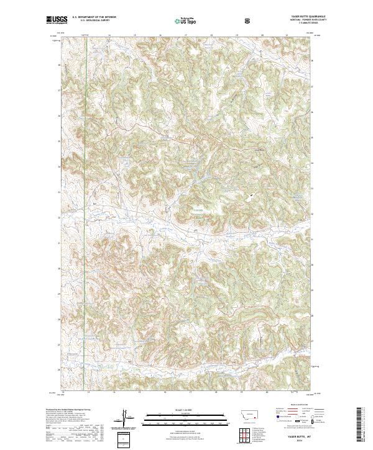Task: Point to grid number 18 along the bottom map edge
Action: [211, 392]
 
